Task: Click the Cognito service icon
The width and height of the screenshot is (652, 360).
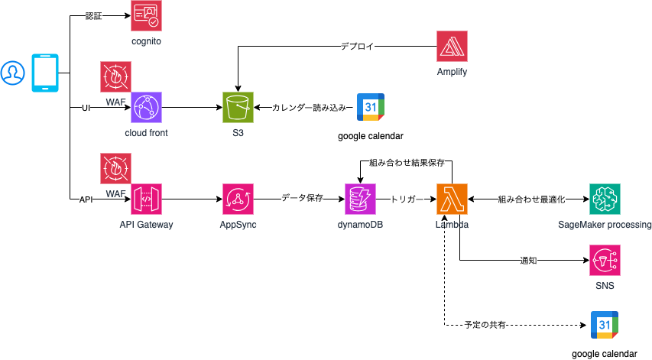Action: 146,16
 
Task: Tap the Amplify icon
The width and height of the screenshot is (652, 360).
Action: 452,47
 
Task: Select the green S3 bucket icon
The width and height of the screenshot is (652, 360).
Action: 238,108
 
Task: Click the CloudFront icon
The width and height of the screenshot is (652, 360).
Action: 146,108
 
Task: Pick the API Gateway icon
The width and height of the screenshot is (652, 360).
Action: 146,199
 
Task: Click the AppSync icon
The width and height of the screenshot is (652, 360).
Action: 237,199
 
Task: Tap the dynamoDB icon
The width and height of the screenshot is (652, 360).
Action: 360,199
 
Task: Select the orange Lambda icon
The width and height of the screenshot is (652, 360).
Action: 452,199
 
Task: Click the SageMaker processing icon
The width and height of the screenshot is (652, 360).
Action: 605,199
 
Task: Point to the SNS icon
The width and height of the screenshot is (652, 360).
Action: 605,261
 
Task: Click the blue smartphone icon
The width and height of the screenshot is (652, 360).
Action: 45,73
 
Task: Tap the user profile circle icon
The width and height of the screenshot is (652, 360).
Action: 12,73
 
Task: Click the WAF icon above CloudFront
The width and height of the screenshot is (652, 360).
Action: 116,76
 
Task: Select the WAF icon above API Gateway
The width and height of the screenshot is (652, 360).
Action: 116,168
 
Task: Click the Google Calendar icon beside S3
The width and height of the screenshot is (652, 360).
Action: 370,109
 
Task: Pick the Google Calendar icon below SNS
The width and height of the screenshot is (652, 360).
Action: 605,326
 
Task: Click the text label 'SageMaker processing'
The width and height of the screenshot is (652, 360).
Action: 605,225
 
